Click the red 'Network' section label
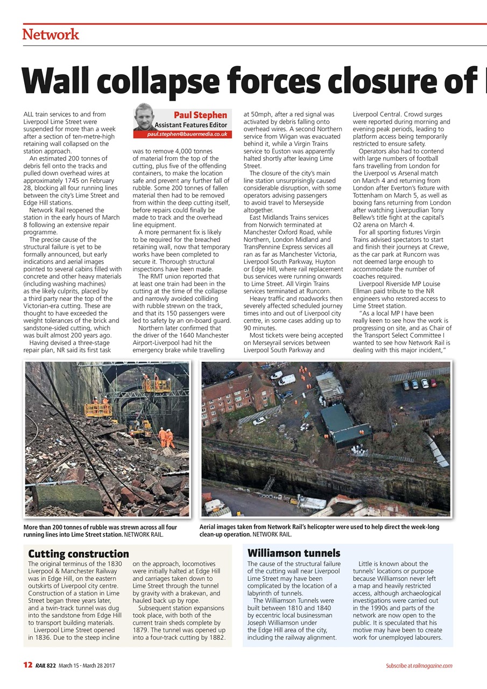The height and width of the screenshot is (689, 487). [51, 35]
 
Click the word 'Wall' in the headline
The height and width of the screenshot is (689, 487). [60, 80]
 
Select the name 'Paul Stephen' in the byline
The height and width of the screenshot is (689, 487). [200, 115]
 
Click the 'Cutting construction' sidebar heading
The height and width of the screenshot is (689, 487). [79, 553]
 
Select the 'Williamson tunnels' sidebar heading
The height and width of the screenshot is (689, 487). [294, 553]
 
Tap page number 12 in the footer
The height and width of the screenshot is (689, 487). [27, 665]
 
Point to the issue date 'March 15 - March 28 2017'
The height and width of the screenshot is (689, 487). [87, 666]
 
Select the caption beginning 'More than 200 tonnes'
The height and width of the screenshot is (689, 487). [101, 531]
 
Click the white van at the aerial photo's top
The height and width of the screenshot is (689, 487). [286, 379]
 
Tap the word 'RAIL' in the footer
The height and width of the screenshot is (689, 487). [41, 666]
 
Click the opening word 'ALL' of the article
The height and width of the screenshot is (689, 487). [29, 114]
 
